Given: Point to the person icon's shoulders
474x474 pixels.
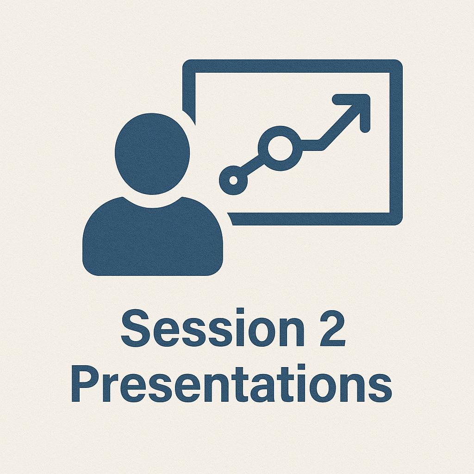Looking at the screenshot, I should pos(152,236).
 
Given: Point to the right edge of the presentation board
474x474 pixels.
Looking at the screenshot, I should pos(396,143).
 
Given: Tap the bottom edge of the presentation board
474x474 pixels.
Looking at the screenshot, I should pos(315,219).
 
